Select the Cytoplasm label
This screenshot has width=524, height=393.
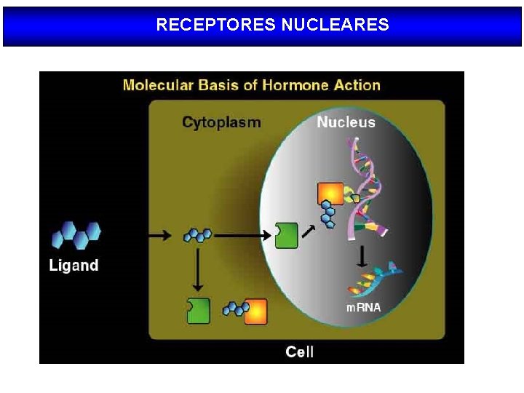point(221,122)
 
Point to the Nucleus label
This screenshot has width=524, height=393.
point(346,122)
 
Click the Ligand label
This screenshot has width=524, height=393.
point(74,266)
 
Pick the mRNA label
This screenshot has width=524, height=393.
point(363,307)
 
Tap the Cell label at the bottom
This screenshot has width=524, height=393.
point(300,352)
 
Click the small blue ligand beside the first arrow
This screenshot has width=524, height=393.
point(197,235)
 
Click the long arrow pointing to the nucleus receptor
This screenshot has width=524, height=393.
point(242,236)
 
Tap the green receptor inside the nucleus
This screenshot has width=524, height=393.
point(287,236)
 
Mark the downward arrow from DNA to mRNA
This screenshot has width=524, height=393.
point(362,257)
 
